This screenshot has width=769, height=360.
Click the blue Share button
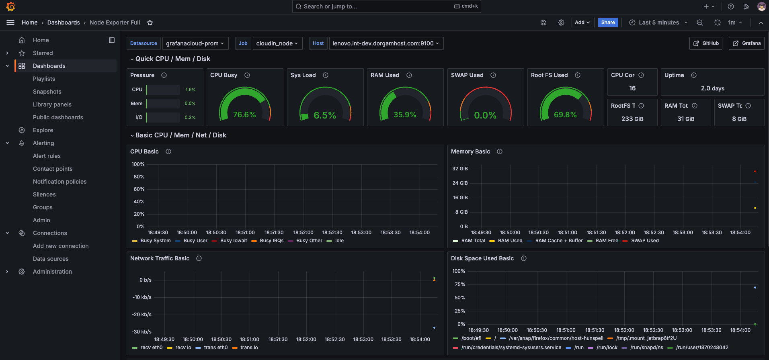608,22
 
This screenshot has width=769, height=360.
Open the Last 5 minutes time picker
658,22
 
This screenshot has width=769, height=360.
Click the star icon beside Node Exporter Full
150,22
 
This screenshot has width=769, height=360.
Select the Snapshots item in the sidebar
47,92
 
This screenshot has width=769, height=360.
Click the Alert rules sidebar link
47,156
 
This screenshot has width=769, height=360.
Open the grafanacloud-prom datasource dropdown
195,43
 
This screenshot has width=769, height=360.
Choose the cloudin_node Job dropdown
277,43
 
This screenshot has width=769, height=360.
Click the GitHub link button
706,43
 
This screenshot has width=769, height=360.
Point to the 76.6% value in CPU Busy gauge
244,115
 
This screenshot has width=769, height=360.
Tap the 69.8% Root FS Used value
565,115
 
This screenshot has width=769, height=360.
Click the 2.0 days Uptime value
712,88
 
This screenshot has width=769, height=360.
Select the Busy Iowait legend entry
233,241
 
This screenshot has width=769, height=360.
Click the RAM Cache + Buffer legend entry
559,241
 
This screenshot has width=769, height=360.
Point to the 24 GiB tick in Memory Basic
460,183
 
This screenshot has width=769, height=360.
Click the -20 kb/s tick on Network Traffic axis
141,315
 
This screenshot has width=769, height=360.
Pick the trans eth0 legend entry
215,348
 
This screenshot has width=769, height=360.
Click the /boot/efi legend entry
471,338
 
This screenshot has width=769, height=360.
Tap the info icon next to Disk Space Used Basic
523,258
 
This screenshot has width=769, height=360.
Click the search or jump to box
386,6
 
